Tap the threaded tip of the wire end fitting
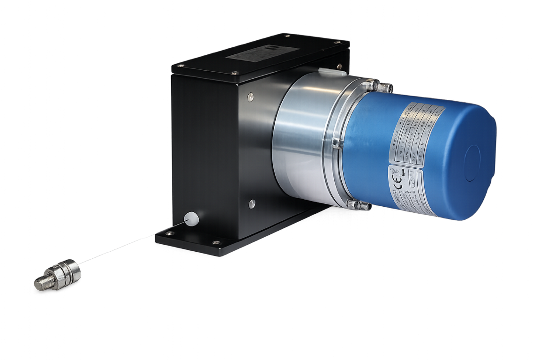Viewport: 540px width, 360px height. point(41,283)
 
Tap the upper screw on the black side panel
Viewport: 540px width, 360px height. point(251,97)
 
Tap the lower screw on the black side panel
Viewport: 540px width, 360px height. point(252,203)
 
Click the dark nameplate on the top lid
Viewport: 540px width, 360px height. point(254,55)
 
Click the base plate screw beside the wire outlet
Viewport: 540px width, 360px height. point(170,232)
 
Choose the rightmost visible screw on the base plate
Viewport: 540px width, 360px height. point(217,242)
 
